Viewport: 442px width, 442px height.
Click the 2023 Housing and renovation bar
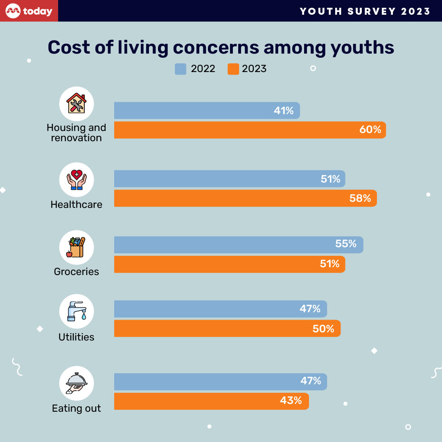[250, 130]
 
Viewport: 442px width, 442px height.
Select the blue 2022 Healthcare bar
[229, 179]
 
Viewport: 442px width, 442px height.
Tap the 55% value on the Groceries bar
[346, 244]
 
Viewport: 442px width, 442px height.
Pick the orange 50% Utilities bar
[227, 329]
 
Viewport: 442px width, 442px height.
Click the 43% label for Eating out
[291, 401]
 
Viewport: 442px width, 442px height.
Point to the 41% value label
[284, 111]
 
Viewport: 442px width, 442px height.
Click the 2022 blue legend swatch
[180, 69]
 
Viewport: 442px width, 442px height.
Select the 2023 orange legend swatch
[233, 69]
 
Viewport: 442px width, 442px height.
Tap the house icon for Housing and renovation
[77, 104]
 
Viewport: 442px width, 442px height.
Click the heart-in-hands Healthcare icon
[77, 180]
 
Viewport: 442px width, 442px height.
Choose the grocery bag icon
[77, 247]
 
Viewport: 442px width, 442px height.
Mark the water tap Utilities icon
[77, 311]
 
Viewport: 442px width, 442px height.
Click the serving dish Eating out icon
[77, 383]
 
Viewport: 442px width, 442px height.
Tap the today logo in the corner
[29, 11]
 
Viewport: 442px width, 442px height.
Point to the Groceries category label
[77, 271]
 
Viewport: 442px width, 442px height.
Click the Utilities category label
[77, 337]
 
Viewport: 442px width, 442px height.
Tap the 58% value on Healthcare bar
[361, 198]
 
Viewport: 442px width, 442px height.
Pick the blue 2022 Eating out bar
[220, 381]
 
